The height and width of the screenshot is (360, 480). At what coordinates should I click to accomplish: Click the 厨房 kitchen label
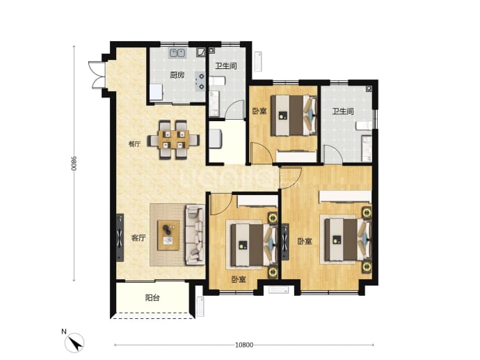(x=177, y=75)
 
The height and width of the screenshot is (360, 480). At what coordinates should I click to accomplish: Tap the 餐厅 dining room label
(x=134, y=144)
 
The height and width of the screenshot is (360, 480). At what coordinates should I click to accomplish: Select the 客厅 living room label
(x=138, y=238)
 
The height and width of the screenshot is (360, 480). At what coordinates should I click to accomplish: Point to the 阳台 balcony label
(x=152, y=298)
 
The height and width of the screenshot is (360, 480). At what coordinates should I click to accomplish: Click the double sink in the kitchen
(x=177, y=53)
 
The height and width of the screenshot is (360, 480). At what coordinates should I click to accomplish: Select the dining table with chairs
(x=173, y=141)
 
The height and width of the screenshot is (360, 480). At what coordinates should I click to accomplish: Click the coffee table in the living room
(x=168, y=235)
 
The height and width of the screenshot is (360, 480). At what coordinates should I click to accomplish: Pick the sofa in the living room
(x=195, y=235)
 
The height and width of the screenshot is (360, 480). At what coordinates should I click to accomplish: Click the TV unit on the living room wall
(x=120, y=237)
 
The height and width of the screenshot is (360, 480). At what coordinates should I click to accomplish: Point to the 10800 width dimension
(x=244, y=345)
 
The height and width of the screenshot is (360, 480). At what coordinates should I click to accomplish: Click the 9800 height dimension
(x=74, y=164)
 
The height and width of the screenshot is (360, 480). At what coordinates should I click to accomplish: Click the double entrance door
(x=97, y=75)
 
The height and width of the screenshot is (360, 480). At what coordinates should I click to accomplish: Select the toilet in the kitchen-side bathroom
(x=217, y=81)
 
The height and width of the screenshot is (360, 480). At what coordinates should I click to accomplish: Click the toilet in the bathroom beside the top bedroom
(x=365, y=125)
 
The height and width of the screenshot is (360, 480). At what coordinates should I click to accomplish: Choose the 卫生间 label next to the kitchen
(x=226, y=66)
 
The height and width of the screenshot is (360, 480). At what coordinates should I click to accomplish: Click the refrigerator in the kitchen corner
(x=156, y=92)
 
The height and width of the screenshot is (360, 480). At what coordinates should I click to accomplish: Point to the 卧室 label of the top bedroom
(x=259, y=111)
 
